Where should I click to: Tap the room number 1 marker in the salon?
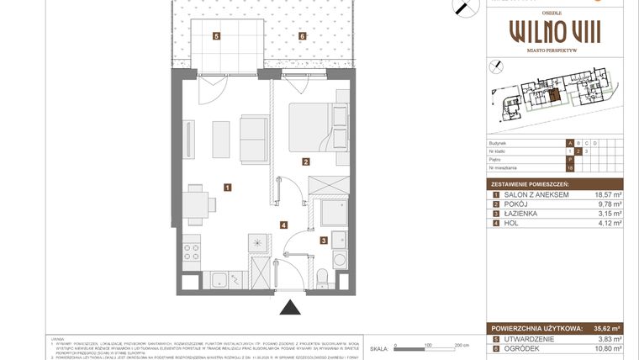pos(227,187)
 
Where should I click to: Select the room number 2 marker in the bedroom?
pos(307,162)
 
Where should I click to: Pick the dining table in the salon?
pos(195,204)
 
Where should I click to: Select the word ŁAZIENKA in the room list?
pos(523,214)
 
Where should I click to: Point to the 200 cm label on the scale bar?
pos(461,346)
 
